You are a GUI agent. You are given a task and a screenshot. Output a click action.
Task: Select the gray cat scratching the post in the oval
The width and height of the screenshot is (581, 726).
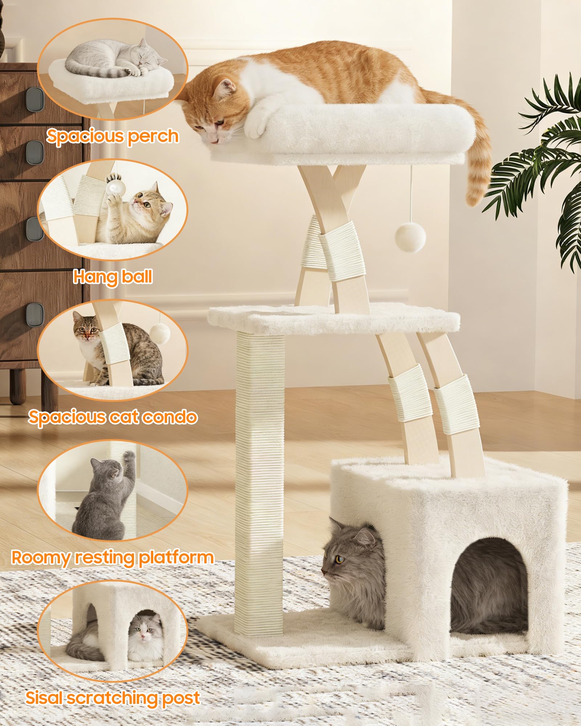103,495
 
